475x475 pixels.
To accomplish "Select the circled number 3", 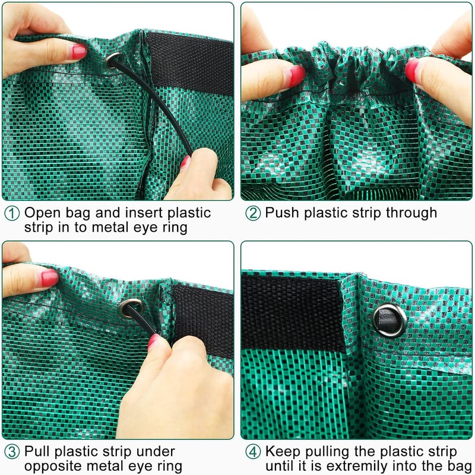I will click(12, 452).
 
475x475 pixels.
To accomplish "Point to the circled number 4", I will click(253, 452).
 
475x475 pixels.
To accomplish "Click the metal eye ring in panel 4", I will click(390, 320).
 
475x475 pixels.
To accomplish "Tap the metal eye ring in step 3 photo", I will click(130, 307).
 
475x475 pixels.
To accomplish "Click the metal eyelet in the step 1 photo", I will click(113, 60).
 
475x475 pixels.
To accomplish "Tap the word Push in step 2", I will click(281, 213).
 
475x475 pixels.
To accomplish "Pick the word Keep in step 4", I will click(280, 451).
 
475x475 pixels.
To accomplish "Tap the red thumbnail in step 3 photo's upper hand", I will click(48, 278).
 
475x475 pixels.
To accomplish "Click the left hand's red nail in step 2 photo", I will click(296, 75).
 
